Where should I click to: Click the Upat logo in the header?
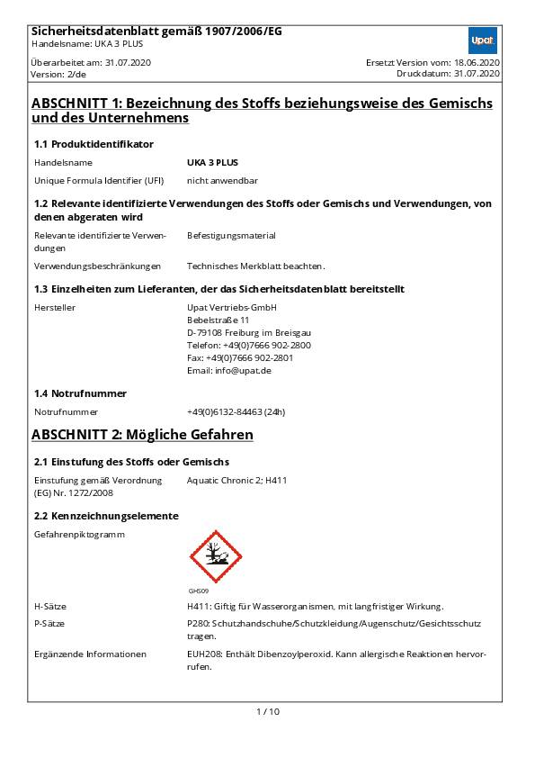[x=483, y=41]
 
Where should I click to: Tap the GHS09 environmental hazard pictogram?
[x=216, y=556]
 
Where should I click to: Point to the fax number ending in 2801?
[x=240, y=357]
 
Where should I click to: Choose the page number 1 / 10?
[x=268, y=712]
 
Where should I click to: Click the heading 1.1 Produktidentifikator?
[x=94, y=144]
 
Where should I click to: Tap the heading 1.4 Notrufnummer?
[x=80, y=393]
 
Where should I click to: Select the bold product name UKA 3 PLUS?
[x=212, y=163]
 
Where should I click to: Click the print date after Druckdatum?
[x=477, y=74]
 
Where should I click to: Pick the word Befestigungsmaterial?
[x=231, y=236]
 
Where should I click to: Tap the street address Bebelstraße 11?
[x=218, y=320]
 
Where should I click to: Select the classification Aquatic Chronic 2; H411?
[x=236, y=481]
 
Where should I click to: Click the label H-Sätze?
[x=50, y=607]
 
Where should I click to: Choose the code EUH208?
[x=203, y=654]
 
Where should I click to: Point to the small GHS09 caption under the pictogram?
[x=198, y=591]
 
